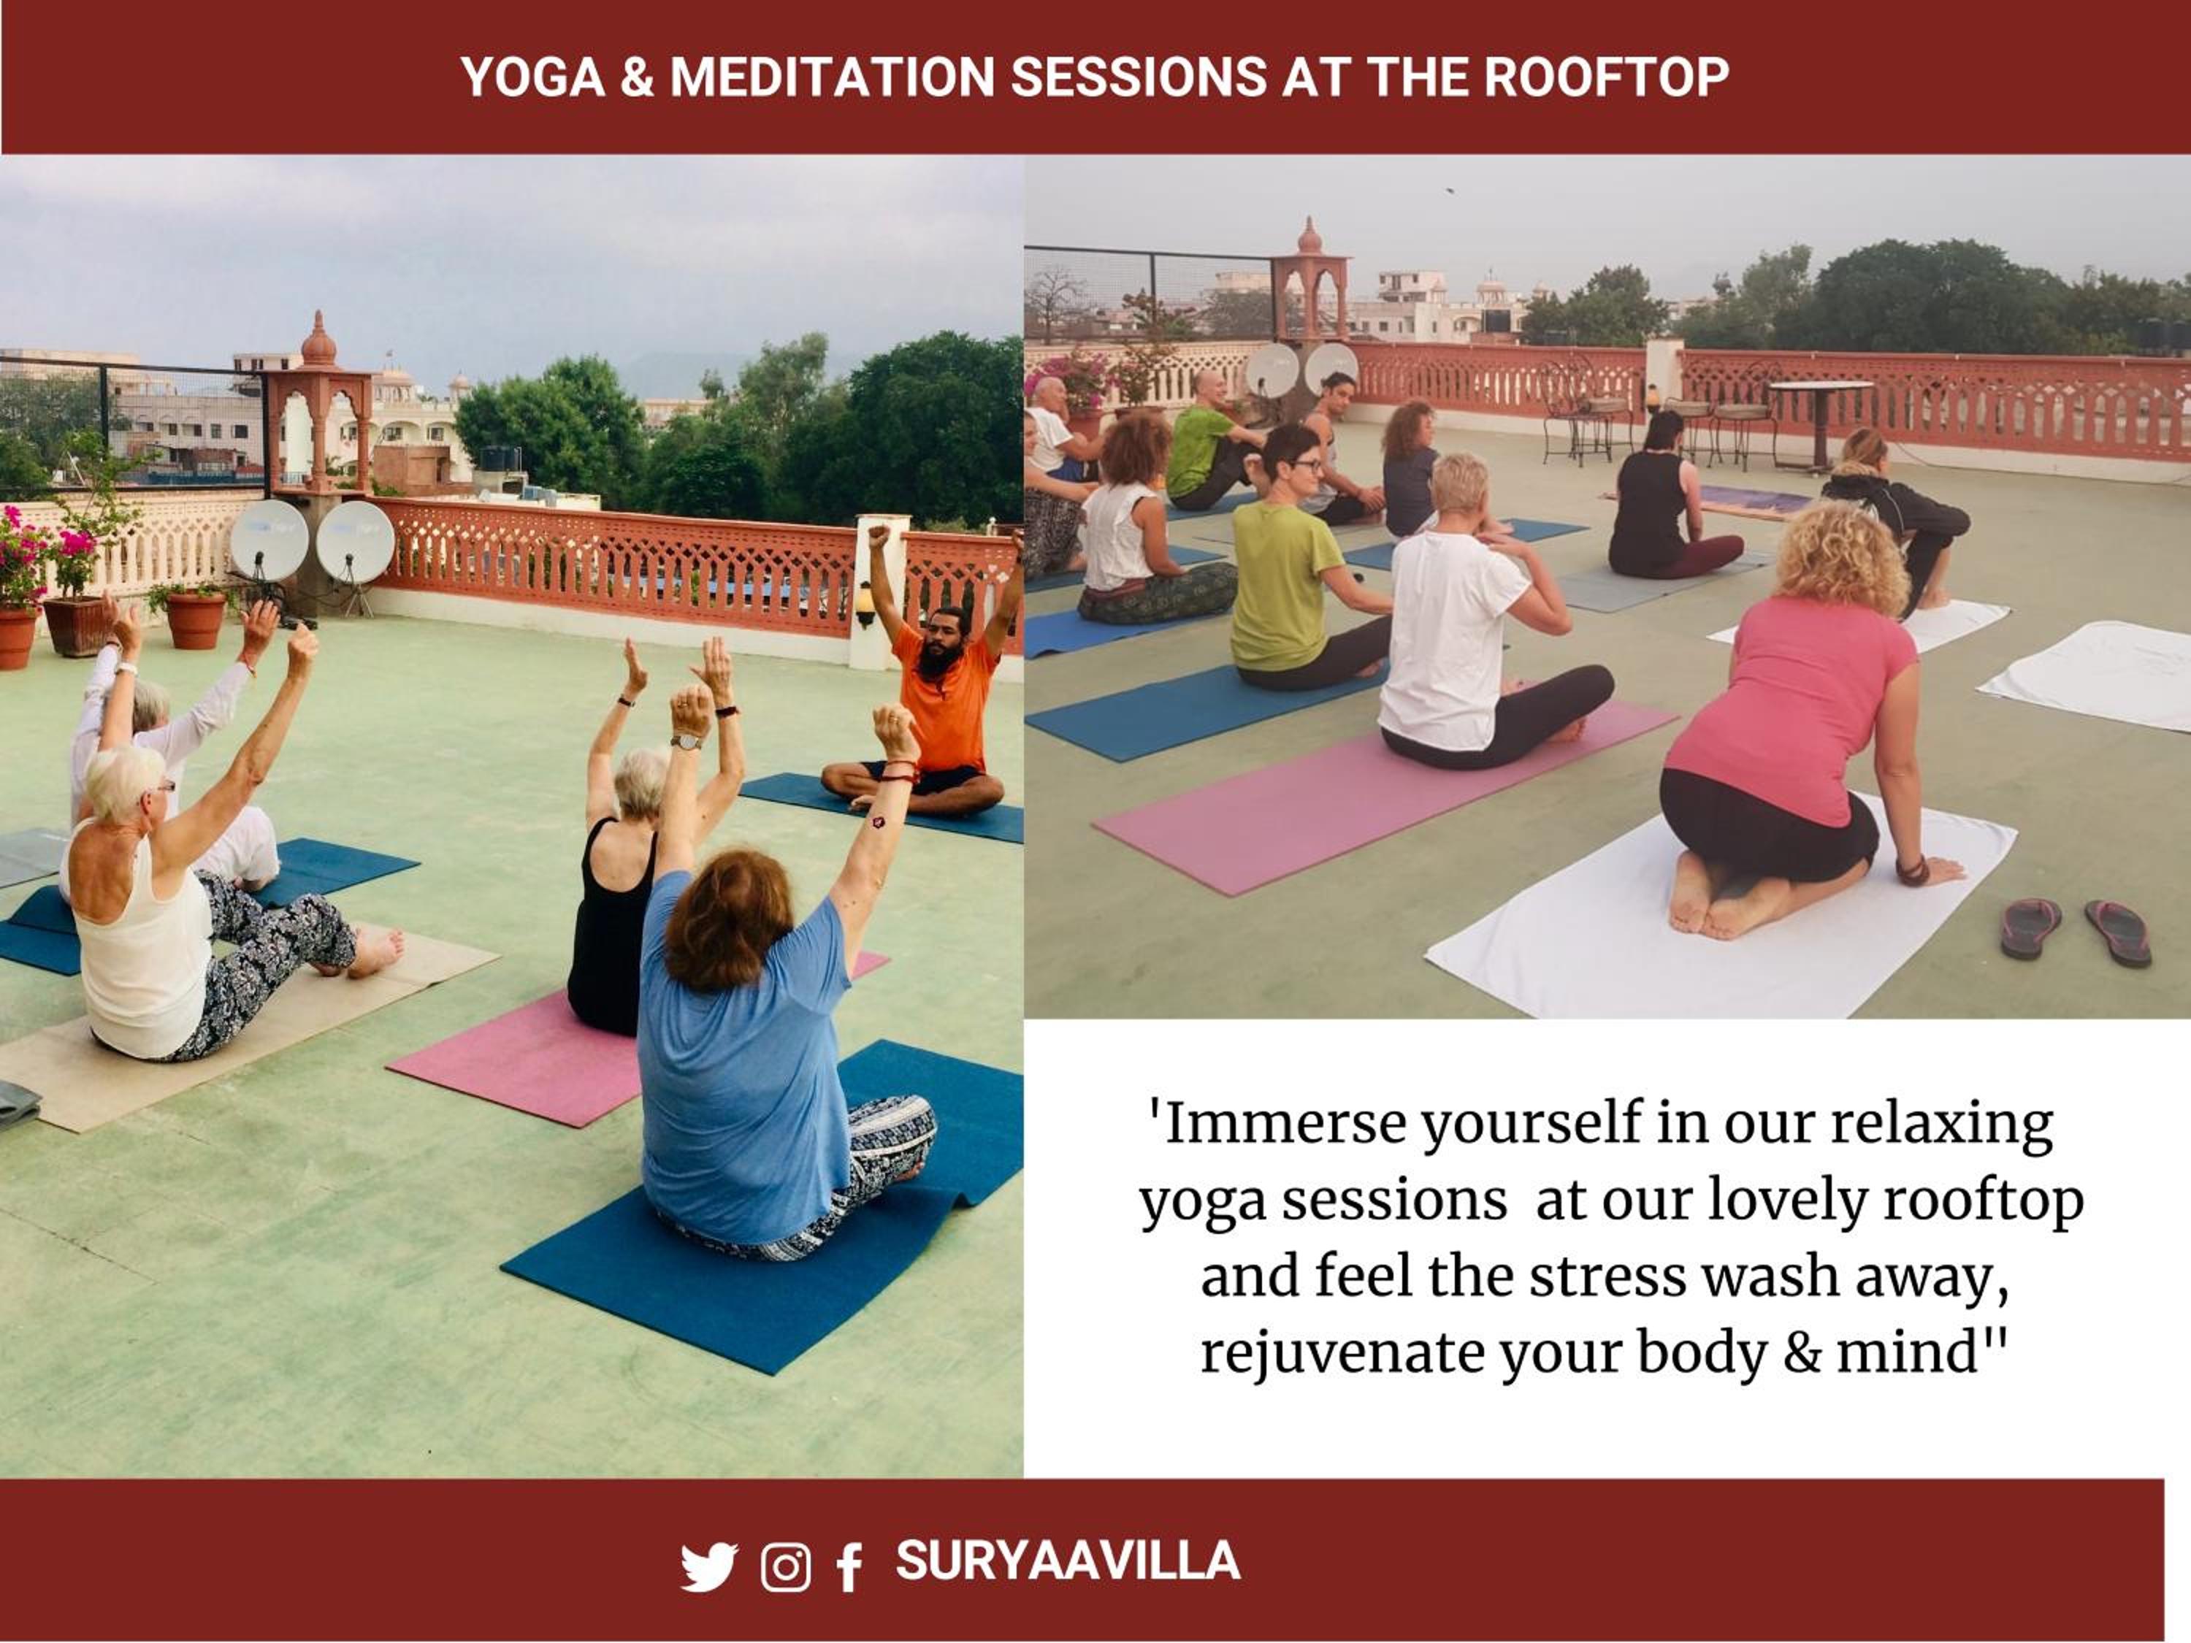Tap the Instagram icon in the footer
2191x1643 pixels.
pyautogui.click(x=785, y=1567)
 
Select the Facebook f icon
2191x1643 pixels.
pyautogui.click(x=849, y=1568)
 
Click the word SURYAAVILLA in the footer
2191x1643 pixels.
pyautogui.click(x=1068, y=1560)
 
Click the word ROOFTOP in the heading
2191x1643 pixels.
pyautogui.click(x=1607, y=77)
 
